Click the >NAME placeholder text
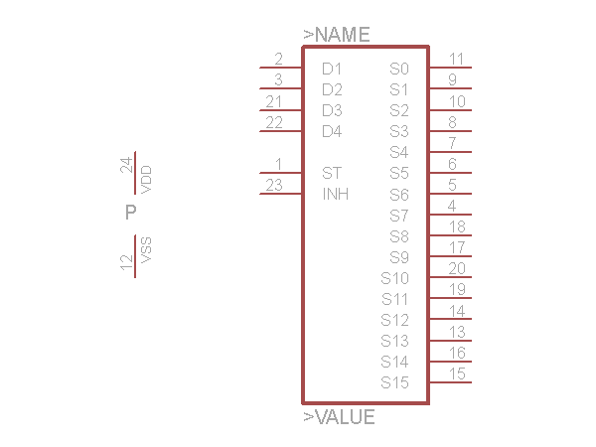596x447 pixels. pyautogui.click(x=337, y=35)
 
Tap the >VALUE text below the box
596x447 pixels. pyautogui.click(x=340, y=417)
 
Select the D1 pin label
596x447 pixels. pyautogui.click(x=332, y=69)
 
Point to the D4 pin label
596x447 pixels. pyautogui.click(x=332, y=131)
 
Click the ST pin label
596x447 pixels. pyautogui.click(x=332, y=173)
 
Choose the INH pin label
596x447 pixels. pyautogui.click(x=336, y=195)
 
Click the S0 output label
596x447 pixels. pyautogui.click(x=399, y=69)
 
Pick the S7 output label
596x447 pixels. pyautogui.click(x=399, y=216)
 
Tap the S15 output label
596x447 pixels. pyautogui.click(x=395, y=382)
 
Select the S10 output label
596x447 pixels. pyautogui.click(x=395, y=278)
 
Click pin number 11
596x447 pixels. pyautogui.click(x=456, y=59)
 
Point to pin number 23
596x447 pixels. pyautogui.click(x=274, y=186)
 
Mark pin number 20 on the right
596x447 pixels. pyautogui.click(x=457, y=269)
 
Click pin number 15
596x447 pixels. pyautogui.click(x=457, y=373)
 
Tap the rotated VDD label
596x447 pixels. pyautogui.click(x=146, y=180)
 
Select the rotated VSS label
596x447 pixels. pyautogui.click(x=146, y=250)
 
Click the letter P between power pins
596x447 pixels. pyautogui.click(x=131, y=213)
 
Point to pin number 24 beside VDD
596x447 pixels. pyautogui.click(x=126, y=165)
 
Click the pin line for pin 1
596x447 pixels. pyautogui.click(x=281, y=173)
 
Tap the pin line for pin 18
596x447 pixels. pyautogui.click(x=451, y=235)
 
